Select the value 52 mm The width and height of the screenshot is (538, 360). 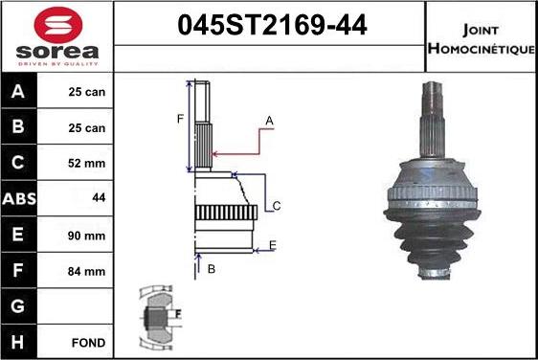pos(87,164)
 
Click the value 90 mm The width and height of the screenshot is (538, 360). pos(87,235)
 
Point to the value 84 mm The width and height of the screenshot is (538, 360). pos(87,271)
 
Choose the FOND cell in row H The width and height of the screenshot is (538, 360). pos(87,341)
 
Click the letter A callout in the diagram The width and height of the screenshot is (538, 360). pos(270,120)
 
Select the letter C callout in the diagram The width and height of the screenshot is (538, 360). pos(276,206)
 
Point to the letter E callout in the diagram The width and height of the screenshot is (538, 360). pos(273,246)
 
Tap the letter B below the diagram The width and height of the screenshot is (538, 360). pos(212,269)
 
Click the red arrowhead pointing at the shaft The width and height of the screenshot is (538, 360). pos(216,153)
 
